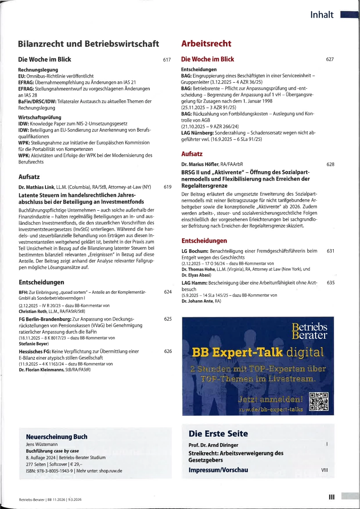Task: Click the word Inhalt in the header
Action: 321,15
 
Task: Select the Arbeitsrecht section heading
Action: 206,44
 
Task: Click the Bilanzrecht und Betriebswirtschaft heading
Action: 88,44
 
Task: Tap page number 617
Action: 167,60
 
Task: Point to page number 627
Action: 330,59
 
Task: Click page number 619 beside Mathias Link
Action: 168,187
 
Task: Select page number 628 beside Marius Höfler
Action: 330,164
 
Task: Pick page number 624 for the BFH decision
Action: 168,292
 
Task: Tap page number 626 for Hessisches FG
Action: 168,351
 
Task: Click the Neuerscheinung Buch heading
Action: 57,436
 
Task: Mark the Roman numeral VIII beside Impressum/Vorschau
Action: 324,470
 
